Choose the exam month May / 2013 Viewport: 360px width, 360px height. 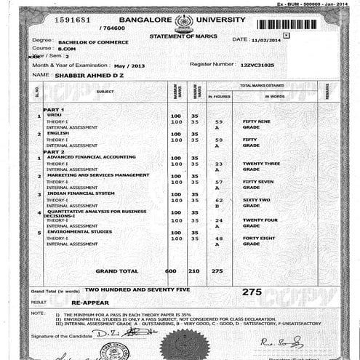tap(129, 65)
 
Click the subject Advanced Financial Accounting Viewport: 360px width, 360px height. tap(91, 157)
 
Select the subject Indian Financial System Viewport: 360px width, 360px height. tap(80, 193)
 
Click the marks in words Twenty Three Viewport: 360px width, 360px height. tap(260, 164)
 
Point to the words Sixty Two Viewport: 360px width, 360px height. tap(256, 200)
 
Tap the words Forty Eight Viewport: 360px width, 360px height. tap(259, 238)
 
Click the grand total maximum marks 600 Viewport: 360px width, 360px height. tap(172, 271)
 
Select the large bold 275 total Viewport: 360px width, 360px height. tap(252, 290)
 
